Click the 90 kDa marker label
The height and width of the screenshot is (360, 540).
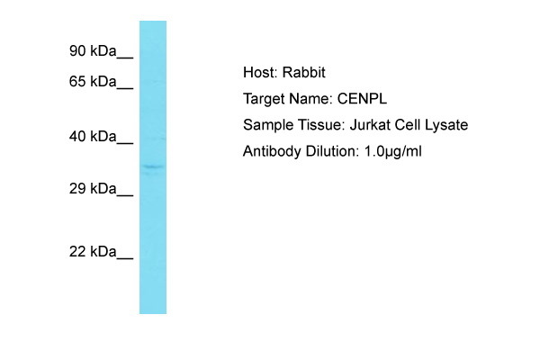click(x=93, y=51)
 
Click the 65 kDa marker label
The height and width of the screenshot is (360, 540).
click(x=93, y=82)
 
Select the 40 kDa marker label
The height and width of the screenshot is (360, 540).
click(x=93, y=137)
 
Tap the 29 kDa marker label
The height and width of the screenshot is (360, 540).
click(x=93, y=189)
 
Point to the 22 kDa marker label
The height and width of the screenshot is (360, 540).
click(x=93, y=252)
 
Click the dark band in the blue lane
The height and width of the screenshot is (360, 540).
click(x=153, y=166)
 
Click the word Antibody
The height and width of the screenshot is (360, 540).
click(x=270, y=151)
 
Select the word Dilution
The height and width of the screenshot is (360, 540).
click(x=329, y=151)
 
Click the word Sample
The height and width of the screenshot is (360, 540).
click(x=266, y=125)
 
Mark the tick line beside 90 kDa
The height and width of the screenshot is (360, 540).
click(x=125, y=57)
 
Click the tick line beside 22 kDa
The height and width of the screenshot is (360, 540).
click(x=125, y=257)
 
